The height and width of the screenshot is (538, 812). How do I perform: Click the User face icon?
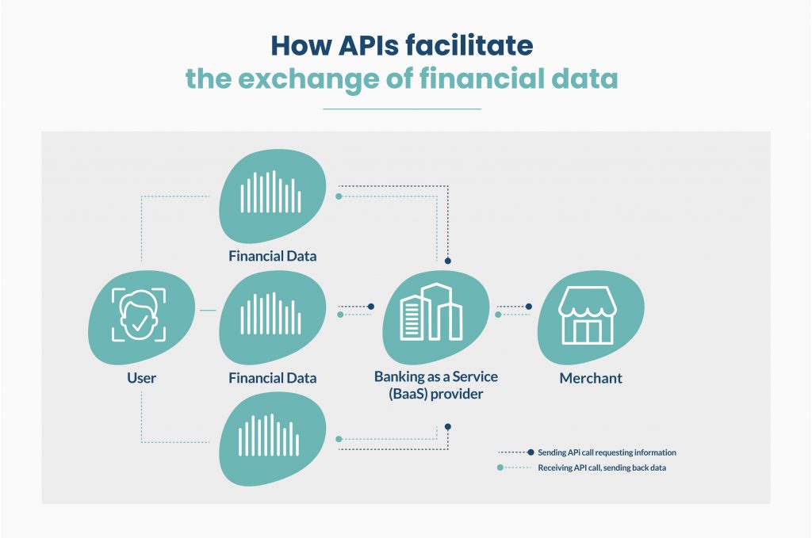(x=139, y=315)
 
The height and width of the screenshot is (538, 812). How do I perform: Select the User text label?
(x=141, y=378)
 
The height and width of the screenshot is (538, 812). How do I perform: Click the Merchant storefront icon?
(x=586, y=316)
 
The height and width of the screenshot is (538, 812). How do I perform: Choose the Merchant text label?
(x=591, y=378)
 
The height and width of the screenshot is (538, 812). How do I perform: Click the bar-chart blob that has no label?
(x=271, y=437)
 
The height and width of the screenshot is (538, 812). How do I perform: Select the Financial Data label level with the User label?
(x=272, y=378)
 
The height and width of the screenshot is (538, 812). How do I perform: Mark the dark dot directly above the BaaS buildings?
(x=448, y=260)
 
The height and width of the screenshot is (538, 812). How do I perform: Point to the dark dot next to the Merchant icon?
(x=529, y=306)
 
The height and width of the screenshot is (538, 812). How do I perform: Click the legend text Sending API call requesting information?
(x=607, y=452)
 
